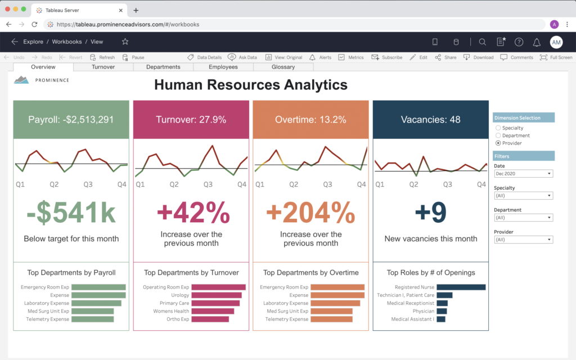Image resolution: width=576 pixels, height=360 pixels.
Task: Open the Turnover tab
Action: (103, 67)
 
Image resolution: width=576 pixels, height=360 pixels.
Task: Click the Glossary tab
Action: (283, 67)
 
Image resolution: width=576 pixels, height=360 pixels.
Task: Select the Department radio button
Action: (498, 136)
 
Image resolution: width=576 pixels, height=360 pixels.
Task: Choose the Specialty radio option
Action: (498, 128)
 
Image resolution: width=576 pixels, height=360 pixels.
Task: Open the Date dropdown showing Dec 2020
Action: (523, 174)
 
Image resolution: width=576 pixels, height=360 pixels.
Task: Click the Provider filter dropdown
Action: (523, 240)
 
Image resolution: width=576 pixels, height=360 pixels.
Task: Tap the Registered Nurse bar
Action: (461, 287)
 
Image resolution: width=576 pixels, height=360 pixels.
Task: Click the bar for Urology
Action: (217, 295)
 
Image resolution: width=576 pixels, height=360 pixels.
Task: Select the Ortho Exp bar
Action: (210, 319)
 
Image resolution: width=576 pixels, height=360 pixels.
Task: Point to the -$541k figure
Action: (71, 213)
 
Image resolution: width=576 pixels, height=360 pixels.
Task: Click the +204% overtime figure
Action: (310, 213)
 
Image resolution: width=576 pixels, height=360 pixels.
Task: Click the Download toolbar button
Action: (479, 57)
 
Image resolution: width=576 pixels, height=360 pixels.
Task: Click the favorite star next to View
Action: (125, 42)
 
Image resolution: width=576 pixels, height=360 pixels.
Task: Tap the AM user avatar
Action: (556, 42)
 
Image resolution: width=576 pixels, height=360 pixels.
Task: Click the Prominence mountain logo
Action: (22, 80)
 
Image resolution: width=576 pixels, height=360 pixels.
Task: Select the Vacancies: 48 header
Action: (430, 119)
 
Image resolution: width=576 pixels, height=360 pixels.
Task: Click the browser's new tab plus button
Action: (136, 10)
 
